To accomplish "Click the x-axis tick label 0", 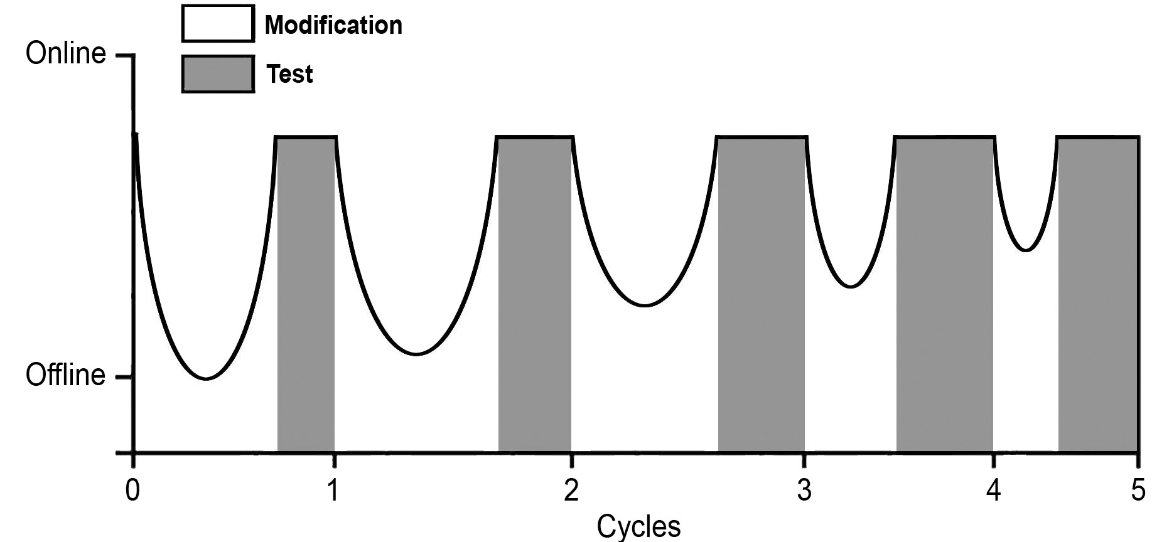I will click(132, 490).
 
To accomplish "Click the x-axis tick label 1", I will click(333, 490).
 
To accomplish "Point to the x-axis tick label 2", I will click(571, 490).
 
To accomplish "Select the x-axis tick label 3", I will click(804, 490).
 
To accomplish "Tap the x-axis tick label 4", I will click(993, 490).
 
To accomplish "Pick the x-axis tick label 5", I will click(1138, 490).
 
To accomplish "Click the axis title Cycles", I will click(638, 526).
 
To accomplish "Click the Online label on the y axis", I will click(65, 54).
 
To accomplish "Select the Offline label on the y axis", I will click(65, 375).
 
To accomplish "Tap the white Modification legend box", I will click(218, 24).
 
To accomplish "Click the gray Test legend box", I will click(218, 74).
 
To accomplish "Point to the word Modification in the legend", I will click(333, 25).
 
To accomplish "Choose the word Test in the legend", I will click(289, 74).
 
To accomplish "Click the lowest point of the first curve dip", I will click(206, 378).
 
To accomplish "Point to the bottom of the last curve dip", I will click(1026, 250).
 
